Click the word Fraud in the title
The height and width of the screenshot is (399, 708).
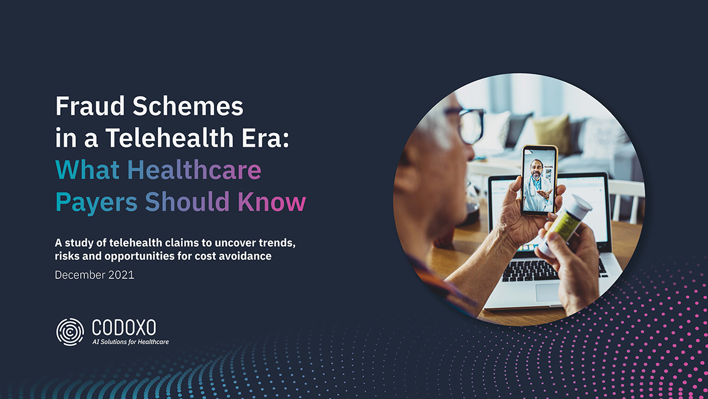pyautogui.click(x=90, y=106)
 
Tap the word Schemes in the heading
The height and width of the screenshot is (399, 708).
pyautogui.click(x=188, y=106)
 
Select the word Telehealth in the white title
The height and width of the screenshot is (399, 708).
pyautogui.click(x=169, y=138)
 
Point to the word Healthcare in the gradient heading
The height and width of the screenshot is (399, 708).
pyautogui.click(x=194, y=170)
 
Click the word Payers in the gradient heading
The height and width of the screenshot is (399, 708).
pyautogui.click(x=96, y=203)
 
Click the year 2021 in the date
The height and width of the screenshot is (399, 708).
pyautogui.click(x=121, y=275)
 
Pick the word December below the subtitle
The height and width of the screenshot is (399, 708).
pyautogui.click(x=80, y=275)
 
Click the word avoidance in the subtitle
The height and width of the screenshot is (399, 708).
pyautogui.click(x=245, y=256)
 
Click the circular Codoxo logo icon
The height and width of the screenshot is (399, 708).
pyautogui.click(x=70, y=332)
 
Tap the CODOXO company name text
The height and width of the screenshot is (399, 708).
pyautogui.click(x=124, y=327)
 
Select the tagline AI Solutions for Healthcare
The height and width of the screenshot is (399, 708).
pyautogui.click(x=130, y=342)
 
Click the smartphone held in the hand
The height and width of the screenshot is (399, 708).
pyautogui.click(x=539, y=180)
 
